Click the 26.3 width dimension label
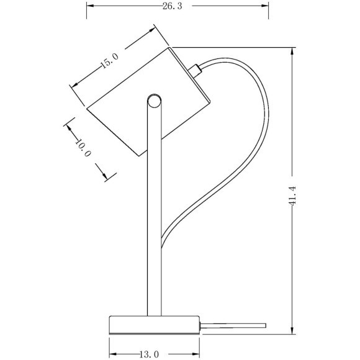click(x=172, y=6)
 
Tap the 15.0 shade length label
click(x=110, y=61)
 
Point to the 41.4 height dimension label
click(x=292, y=196)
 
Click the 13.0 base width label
click(x=149, y=354)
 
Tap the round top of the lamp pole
click(x=154, y=101)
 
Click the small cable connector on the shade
click(x=195, y=71)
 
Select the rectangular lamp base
click(x=155, y=325)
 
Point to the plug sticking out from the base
click(x=233, y=326)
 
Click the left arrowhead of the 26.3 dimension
click(x=90, y=6)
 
